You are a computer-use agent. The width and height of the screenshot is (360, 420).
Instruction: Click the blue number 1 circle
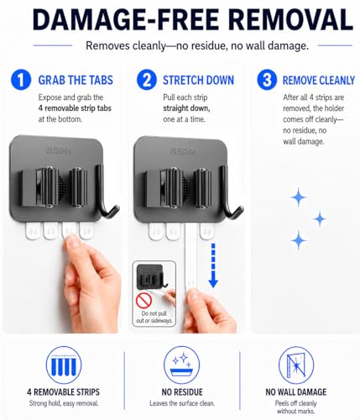pyautogui.click(x=21, y=80)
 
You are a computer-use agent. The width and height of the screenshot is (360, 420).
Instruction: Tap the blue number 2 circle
pyautogui.click(x=147, y=80)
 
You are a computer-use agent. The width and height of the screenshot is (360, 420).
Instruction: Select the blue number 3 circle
pyautogui.click(x=267, y=80)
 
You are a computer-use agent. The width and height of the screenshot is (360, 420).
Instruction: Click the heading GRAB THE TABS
pyautogui.click(x=76, y=80)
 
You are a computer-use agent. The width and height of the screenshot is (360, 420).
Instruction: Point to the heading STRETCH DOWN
pyautogui.click(x=198, y=80)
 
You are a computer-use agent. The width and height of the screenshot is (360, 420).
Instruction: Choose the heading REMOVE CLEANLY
pyautogui.click(x=319, y=81)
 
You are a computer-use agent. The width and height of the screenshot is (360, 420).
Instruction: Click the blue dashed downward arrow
pyautogui.click(x=213, y=265)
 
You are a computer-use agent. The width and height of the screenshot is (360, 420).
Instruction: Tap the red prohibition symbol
pyautogui.click(x=143, y=301)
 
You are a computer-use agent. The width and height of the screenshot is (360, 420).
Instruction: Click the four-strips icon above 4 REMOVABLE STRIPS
pyautogui.click(x=64, y=365)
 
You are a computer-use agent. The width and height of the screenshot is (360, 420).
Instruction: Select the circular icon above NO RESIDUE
pyautogui.click(x=181, y=365)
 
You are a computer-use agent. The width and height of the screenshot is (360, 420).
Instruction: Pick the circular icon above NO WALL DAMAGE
pyautogui.click(x=296, y=365)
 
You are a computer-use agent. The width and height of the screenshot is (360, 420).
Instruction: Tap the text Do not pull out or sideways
pyautogui.click(x=154, y=317)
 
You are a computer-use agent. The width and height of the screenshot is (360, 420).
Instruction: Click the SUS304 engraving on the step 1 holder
pyautogui.click(x=59, y=150)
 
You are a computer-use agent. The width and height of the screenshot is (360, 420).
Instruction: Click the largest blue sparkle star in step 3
pyautogui.click(x=299, y=197)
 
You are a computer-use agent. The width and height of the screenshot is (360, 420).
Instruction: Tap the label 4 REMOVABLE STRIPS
pyautogui.click(x=64, y=392)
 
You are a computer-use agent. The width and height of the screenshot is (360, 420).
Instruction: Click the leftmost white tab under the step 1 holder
pyautogui.click(x=34, y=231)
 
